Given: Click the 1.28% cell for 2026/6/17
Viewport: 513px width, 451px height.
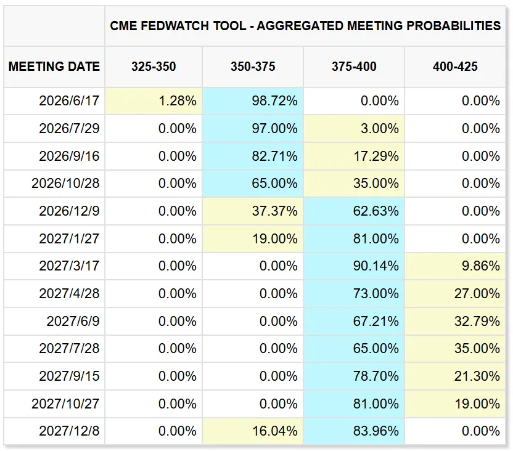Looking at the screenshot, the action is tap(154, 100).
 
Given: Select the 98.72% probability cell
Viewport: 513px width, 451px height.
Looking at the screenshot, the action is tap(253, 100).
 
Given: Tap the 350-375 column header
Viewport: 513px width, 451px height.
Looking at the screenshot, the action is tap(253, 67).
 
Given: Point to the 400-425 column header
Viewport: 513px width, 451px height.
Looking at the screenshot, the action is tap(455, 67).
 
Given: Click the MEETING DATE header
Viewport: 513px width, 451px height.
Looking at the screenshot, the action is tap(54, 67).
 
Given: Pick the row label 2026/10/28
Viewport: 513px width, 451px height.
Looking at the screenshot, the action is tap(65, 184).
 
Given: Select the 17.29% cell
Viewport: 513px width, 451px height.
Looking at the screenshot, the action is tap(354, 156).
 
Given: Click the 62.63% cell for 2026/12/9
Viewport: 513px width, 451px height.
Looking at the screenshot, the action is tap(354, 211).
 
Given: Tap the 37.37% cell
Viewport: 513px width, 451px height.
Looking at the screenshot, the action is tap(253, 211).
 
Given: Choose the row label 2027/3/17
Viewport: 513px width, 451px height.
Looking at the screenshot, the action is tap(69, 266).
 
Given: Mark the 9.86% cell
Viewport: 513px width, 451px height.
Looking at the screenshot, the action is tap(455, 266).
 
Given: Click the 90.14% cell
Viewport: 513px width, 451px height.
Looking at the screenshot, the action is tap(354, 266).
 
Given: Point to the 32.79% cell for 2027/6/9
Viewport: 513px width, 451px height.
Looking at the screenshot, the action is tap(455, 321).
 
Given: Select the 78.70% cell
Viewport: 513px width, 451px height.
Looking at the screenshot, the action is tap(354, 376).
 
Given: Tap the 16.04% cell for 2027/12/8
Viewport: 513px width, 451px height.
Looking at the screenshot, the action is tap(253, 431).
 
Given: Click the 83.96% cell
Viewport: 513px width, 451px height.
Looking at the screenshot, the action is tap(354, 431).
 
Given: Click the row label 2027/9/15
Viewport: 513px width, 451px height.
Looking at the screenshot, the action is tap(69, 376).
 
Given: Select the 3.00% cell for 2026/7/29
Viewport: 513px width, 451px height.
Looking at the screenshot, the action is tap(354, 128).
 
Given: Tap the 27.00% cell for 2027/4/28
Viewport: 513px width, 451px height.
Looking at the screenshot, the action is tap(455, 293).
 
